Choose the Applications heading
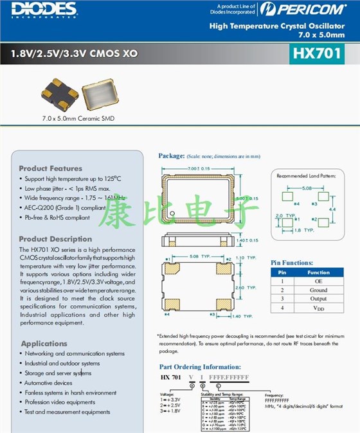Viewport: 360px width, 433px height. tap(43, 344)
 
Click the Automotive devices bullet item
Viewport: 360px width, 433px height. tap(49, 383)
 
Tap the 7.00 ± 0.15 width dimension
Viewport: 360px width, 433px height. tap(200, 168)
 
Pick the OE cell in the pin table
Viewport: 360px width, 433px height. tap(318, 281)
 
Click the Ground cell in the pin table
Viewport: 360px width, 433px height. tap(318, 290)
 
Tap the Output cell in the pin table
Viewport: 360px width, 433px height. tap(318, 299)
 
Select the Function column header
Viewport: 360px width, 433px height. tap(318, 272)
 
